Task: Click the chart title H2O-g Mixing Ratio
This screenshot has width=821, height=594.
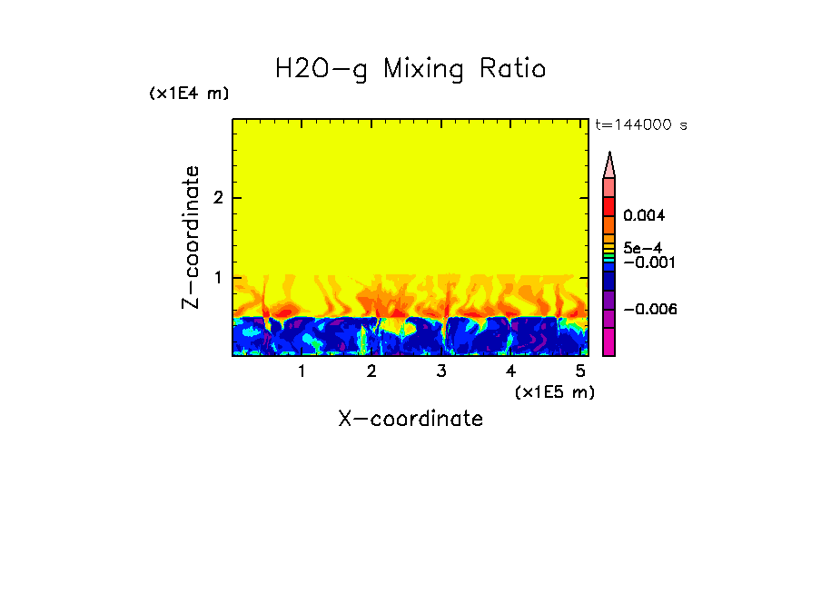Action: [410, 69]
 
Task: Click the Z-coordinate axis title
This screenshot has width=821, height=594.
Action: [191, 237]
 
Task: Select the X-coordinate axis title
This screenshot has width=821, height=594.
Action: [410, 419]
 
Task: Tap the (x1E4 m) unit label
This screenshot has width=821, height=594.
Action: [189, 94]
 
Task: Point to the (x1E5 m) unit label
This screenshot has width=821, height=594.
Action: [554, 391]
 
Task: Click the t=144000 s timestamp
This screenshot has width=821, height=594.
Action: [640, 124]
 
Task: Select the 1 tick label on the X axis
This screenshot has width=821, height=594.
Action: [302, 371]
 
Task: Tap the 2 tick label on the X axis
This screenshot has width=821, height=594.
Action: [371, 371]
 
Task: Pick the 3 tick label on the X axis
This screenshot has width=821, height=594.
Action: [441, 371]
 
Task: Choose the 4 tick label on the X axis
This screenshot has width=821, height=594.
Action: [510, 371]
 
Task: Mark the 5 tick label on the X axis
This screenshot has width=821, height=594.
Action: [580, 371]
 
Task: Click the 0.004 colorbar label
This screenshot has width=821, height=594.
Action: [645, 216]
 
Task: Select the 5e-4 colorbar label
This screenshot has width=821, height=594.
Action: [642, 248]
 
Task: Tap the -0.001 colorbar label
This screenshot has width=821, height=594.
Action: [645, 262]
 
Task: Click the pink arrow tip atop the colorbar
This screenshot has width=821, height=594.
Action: [609, 164]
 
